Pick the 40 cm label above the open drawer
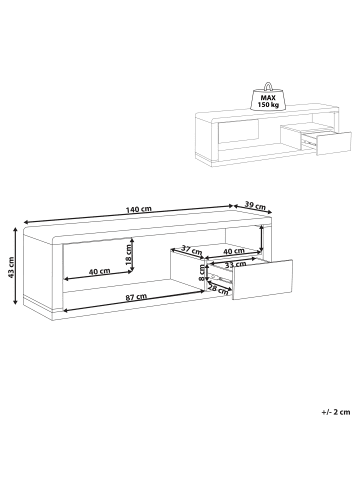[x=233, y=250]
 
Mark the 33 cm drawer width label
[x=236, y=264]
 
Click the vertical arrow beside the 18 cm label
[x=133, y=257]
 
